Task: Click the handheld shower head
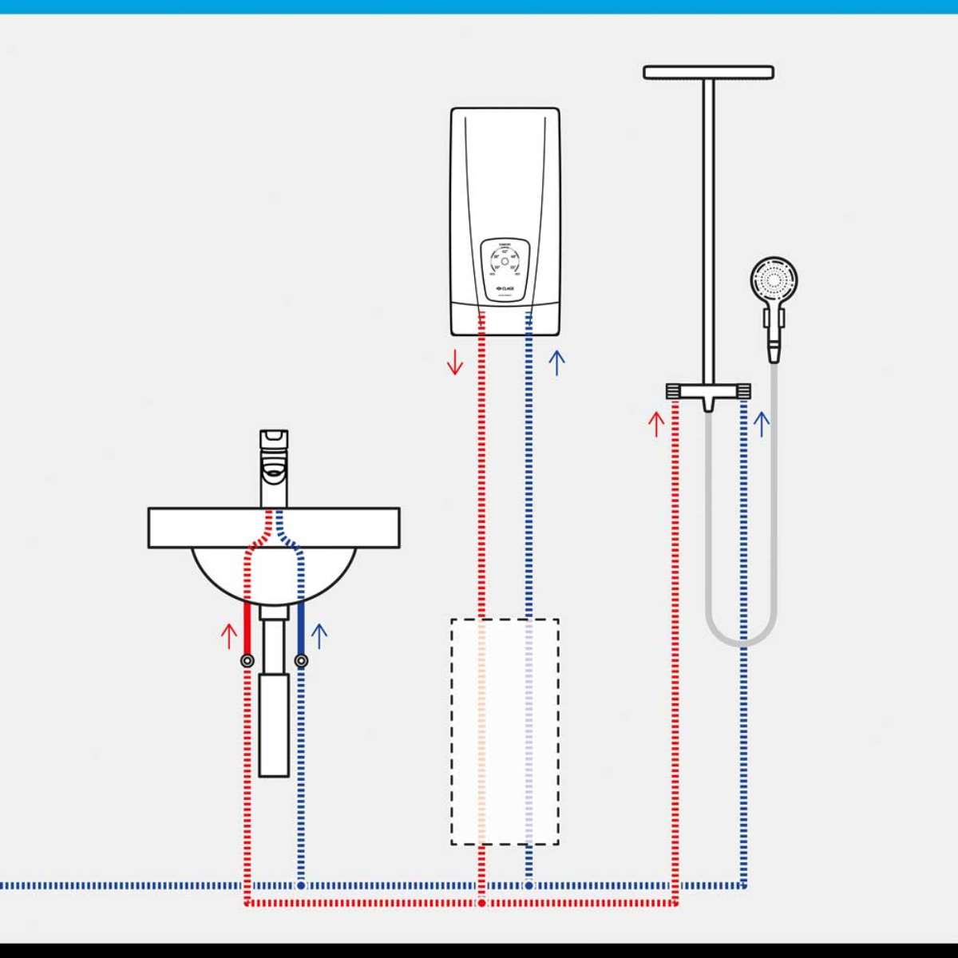point(774,279)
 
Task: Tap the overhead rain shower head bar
point(708,73)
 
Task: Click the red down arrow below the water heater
point(455,362)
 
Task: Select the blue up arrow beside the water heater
point(557,362)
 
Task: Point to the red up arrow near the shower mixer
point(656,423)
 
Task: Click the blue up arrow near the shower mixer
point(762,423)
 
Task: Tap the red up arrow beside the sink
point(229,635)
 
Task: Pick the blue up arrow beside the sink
point(319,635)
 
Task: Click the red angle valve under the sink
point(247,660)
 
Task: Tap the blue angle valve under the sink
point(301,660)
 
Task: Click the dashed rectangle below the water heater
point(505,731)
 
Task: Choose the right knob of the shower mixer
point(743,391)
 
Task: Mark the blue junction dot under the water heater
point(528,885)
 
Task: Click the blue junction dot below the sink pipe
point(301,885)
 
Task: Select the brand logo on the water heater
point(504,288)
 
